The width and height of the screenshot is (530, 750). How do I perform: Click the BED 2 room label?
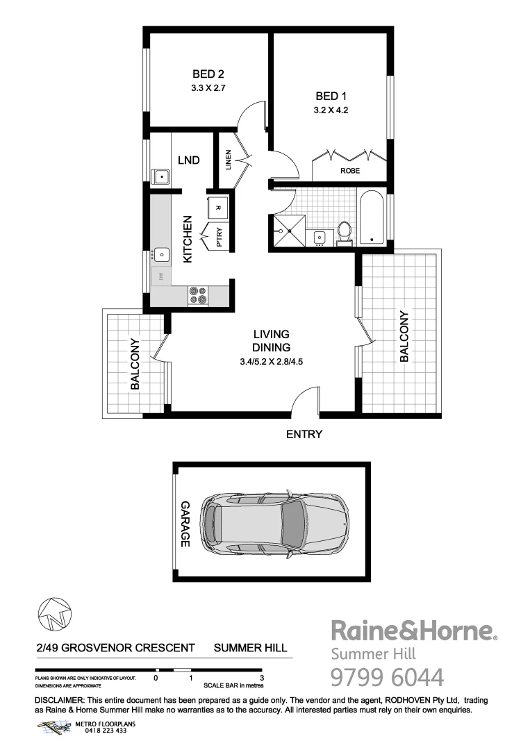point(208,74)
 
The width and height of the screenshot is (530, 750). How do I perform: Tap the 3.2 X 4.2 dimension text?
point(331,110)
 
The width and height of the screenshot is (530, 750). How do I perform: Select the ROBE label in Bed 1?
point(349,170)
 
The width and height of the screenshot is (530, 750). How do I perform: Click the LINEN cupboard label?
point(227,160)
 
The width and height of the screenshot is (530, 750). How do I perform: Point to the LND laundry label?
point(188,160)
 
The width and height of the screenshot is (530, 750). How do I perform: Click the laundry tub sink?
point(162,177)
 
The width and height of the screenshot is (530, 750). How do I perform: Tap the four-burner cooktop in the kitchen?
point(198,296)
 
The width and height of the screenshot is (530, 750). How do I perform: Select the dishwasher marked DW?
point(161,277)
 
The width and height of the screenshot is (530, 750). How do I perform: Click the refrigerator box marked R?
point(217,208)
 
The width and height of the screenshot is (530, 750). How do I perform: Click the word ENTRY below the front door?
point(304,435)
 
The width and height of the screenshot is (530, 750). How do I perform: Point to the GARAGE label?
point(185,524)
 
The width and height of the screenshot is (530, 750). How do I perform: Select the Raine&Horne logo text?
point(413,631)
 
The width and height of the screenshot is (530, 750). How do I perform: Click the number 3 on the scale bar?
point(261,677)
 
